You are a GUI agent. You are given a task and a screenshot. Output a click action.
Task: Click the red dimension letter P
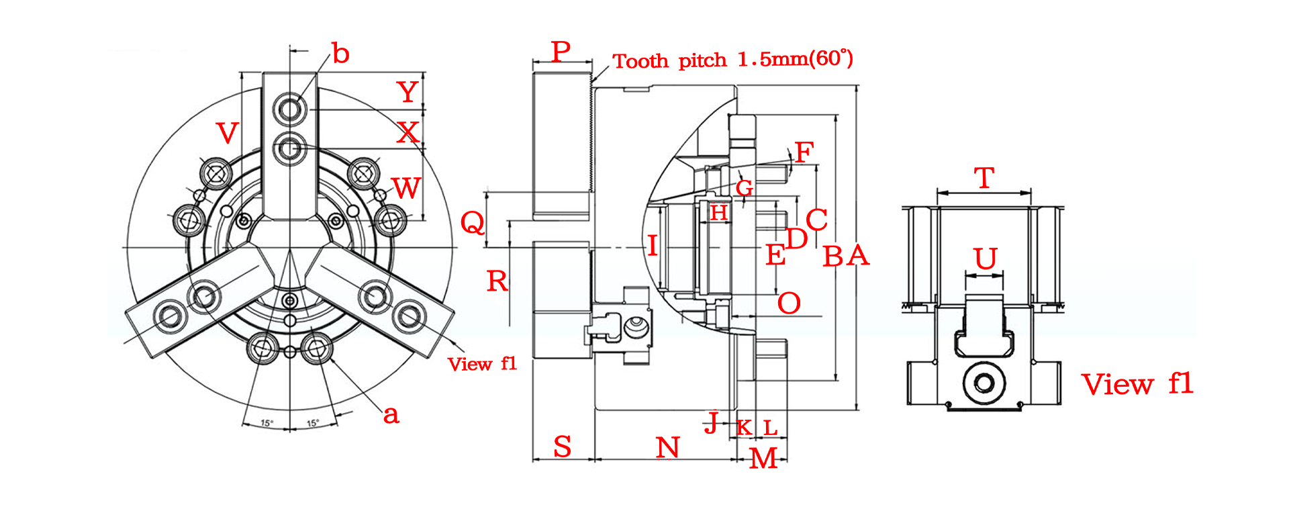click(561, 51)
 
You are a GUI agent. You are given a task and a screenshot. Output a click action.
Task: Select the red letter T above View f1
click(984, 178)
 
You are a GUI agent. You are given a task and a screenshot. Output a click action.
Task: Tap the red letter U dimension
click(986, 259)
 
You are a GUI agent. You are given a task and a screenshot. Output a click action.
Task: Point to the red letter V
click(228, 133)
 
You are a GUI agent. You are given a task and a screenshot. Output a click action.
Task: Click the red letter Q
click(473, 222)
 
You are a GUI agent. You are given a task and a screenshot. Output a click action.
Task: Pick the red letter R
click(497, 281)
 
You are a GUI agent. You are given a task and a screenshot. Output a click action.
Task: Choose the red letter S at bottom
click(563, 447)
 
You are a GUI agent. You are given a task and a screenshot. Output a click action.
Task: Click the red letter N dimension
click(668, 447)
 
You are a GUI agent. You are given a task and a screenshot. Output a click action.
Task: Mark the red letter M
click(763, 458)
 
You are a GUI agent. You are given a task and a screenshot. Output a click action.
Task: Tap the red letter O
click(789, 304)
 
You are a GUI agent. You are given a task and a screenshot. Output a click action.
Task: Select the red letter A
click(858, 256)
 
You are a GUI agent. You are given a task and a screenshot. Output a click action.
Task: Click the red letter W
click(406, 189)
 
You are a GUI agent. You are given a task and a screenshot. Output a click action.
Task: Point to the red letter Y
click(408, 91)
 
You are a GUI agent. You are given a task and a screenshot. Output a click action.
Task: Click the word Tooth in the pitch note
click(641, 61)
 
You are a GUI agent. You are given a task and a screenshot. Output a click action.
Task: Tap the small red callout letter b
click(341, 53)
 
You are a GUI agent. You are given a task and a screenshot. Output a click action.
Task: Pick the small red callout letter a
click(391, 415)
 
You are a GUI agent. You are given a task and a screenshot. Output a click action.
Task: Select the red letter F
click(804, 152)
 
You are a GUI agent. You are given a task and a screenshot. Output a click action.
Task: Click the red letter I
click(652, 245)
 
